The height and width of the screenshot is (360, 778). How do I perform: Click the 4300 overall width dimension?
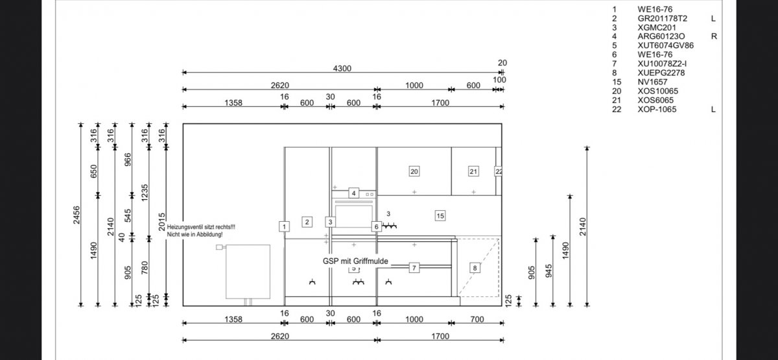(342, 69)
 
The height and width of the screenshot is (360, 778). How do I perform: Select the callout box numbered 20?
(414, 171)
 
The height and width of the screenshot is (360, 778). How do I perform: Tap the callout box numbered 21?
(473, 171)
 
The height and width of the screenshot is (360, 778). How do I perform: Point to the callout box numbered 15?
(440, 216)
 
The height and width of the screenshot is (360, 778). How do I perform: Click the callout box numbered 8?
(475, 268)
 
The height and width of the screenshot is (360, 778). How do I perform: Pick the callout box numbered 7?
(414, 268)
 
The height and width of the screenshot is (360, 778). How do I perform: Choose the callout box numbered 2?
(307, 222)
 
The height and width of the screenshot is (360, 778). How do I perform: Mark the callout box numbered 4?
(353, 193)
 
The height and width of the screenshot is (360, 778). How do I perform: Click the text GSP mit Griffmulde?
(355, 261)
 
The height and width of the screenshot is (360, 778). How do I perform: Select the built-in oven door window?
(353, 215)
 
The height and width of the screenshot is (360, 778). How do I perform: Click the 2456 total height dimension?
(77, 215)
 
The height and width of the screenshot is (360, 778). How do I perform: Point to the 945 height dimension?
(548, 271)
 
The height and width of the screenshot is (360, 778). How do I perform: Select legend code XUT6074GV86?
(665, 45)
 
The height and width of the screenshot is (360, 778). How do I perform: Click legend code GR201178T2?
(663, 18)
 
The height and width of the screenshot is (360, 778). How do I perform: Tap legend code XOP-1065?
(657, 110)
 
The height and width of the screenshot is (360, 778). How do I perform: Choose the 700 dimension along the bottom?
(477, 319)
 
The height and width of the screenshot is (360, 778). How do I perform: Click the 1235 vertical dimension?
(145, 193)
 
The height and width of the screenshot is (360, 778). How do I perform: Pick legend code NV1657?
(652, 82)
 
